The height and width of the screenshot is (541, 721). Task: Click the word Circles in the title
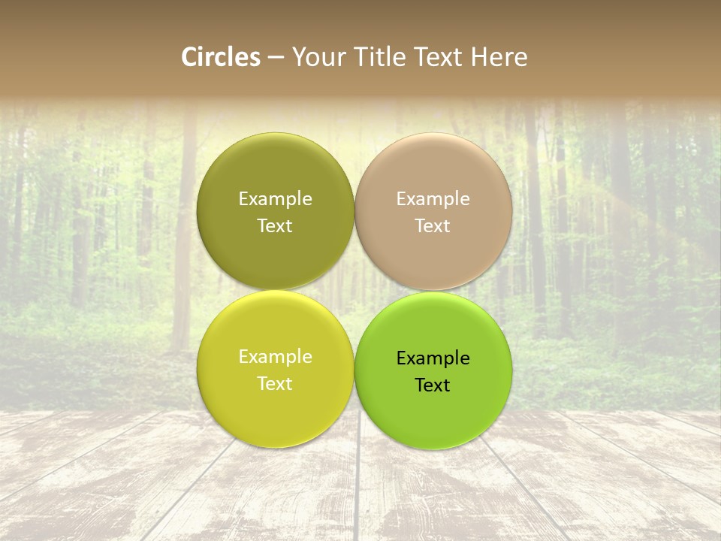click(x=221, y=57)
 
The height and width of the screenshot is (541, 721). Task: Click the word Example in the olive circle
click(x=275, y=199)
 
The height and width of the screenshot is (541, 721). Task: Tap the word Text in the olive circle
click(x=275, y=226)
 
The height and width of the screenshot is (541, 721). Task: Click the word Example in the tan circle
click(x=433, y=199)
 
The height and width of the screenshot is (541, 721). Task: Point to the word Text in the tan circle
click(x=433, y=226)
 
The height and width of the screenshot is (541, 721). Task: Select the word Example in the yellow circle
click(x=275, y=357)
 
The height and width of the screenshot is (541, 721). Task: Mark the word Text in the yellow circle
click(x=275, y=384)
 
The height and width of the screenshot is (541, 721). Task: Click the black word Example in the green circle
click(x=433, y=358)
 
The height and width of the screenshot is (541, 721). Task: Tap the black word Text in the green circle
click(x=433, y=385)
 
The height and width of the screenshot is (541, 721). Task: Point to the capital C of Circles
click(x=189, y=57)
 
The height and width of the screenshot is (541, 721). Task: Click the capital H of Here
click(x=480, y=57)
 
